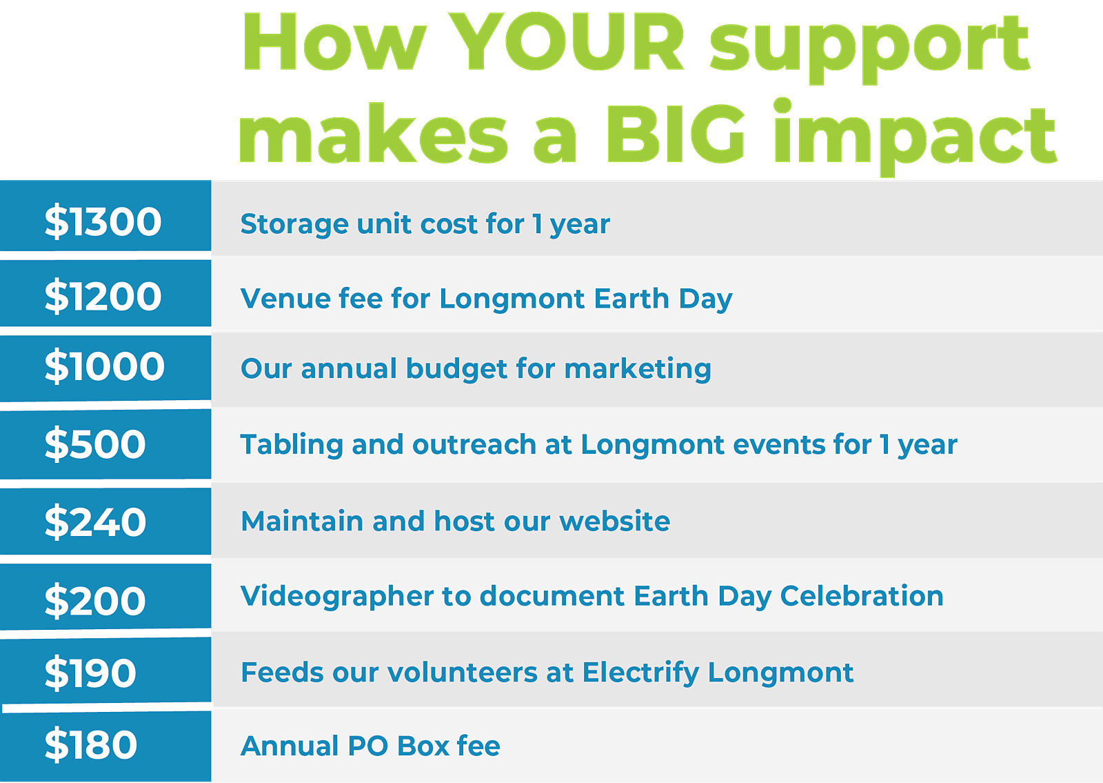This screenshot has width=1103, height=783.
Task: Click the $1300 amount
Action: point(103,221)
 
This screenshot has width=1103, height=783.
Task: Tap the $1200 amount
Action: point(103,296)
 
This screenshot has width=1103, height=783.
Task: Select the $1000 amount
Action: point(104,366)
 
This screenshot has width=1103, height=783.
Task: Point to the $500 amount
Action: point(95,444)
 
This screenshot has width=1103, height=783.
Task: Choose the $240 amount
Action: point(95,522)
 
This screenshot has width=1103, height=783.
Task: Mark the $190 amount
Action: point(90,673)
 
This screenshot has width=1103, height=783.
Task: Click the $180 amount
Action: point(90,744)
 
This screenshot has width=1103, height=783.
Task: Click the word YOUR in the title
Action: point(567,42)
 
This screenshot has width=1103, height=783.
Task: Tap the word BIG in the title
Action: point(676,134)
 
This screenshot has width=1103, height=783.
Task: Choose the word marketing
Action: point(638,370)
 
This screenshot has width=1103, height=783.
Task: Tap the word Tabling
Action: point(292,445)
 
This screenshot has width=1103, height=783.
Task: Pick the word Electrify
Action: point(640,673)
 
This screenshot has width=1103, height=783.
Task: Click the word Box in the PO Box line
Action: point(423,746)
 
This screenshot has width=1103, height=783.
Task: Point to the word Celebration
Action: point(862,596)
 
